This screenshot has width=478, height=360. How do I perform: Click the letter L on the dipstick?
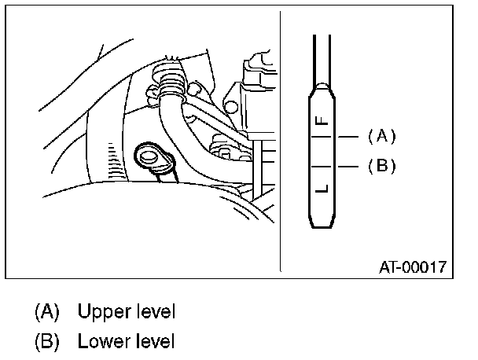(321, 189)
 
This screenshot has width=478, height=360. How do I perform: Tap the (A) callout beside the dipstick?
(381, 136)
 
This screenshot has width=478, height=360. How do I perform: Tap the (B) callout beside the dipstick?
(381, 166)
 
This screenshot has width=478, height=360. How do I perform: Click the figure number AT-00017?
(413, 267)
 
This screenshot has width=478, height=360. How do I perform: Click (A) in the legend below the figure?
(46, 311)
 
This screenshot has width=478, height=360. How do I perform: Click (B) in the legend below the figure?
(46, 342)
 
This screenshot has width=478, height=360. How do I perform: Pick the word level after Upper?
(153, 311)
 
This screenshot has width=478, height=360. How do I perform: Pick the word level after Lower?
(153, 342)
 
